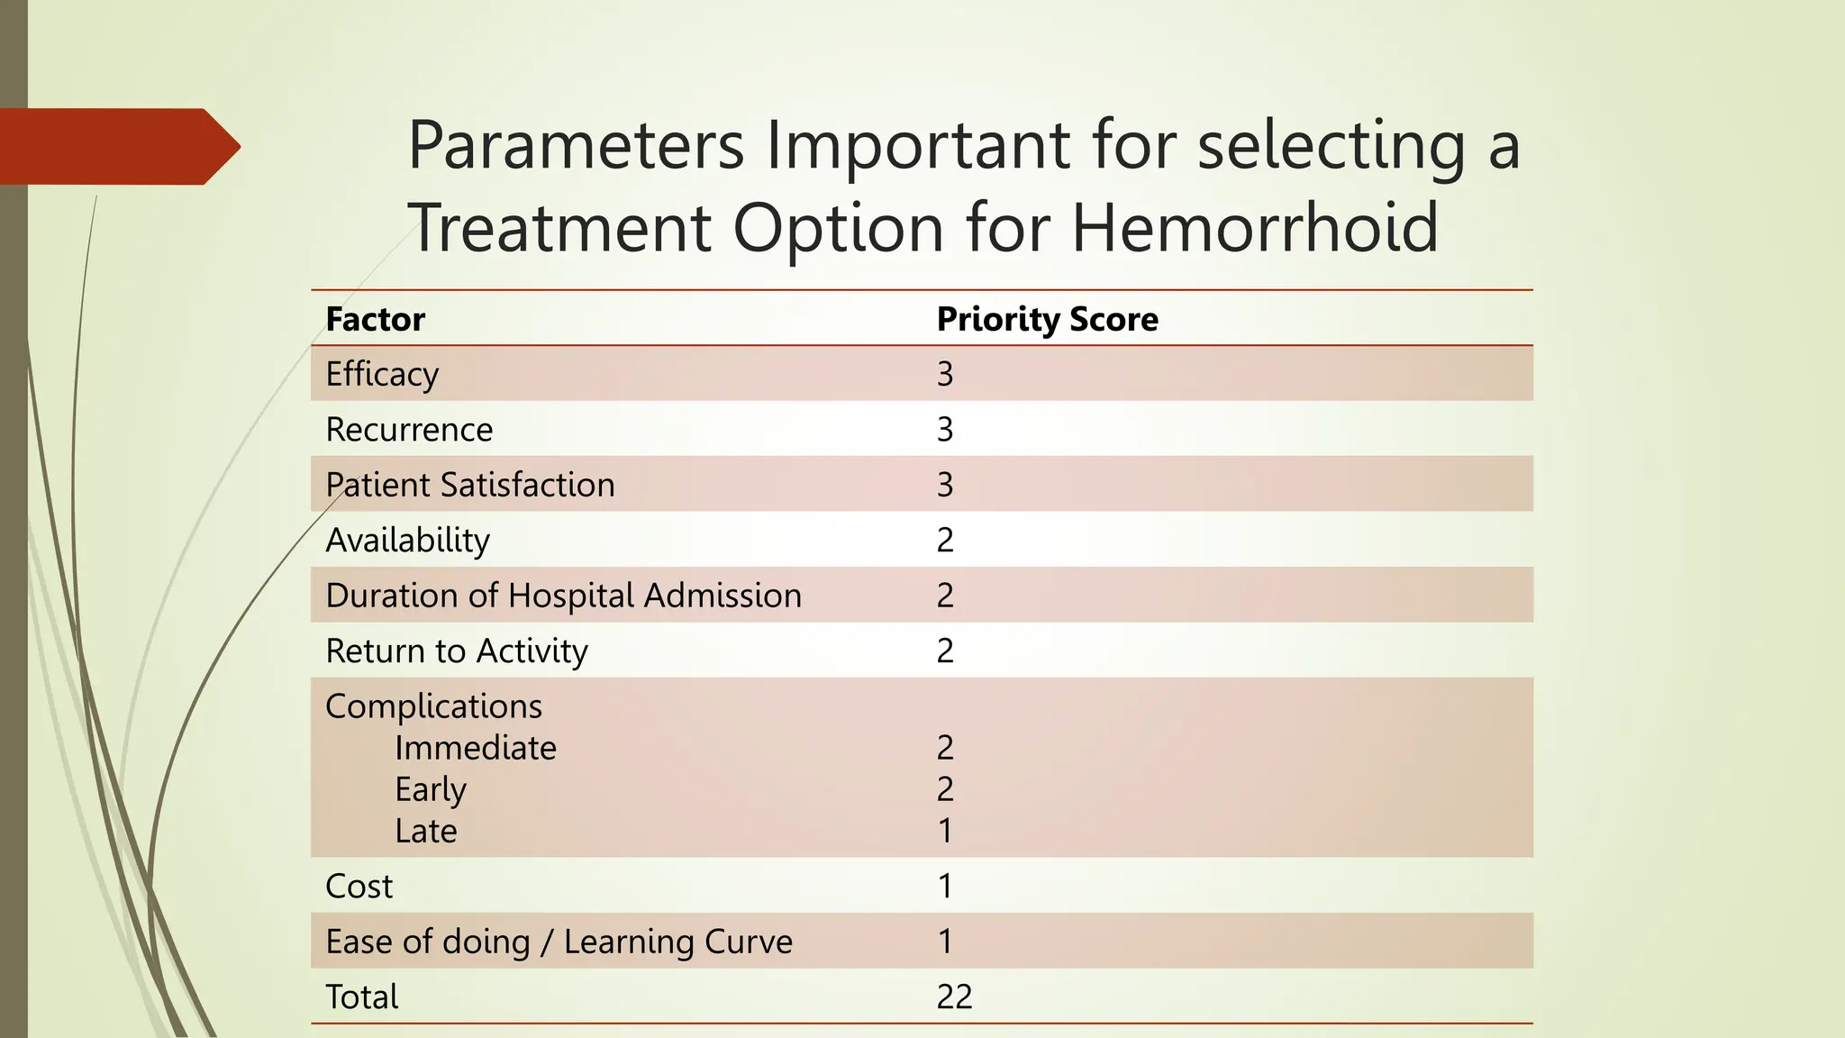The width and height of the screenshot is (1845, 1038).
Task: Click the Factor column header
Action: coord(375,320)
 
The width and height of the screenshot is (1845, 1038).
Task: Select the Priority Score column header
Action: coord(1047,320)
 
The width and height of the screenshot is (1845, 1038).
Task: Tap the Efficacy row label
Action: coord(382,375)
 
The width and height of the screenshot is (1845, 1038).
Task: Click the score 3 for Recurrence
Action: coord(944,430)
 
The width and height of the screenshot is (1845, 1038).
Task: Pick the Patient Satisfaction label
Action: coord(469,485)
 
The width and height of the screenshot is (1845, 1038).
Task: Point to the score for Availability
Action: coord(944,541)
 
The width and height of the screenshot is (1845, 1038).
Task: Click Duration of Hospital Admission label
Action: coord(563,596)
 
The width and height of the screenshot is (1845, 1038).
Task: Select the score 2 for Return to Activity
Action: coord(944,651)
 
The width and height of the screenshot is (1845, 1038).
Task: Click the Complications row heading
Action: coord(433,706)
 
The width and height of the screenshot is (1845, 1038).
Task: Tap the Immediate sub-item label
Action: coord(475,748)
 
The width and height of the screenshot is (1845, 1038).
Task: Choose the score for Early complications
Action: coord(944,789)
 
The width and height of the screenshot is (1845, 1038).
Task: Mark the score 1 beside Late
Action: coord(944,831)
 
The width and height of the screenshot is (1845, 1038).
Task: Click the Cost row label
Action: coord(359,887)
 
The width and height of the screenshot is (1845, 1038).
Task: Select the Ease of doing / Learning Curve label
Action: coord(559,942)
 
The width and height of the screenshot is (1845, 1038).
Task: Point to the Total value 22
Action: coord(954,997)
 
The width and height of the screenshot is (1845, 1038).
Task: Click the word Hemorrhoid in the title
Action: coord(1254,227)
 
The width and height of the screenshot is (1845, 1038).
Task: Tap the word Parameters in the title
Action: coord(576,145)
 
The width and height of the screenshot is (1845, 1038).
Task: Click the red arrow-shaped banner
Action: coord(117,147)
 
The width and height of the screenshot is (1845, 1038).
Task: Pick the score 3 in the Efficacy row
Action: coord(944,375)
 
